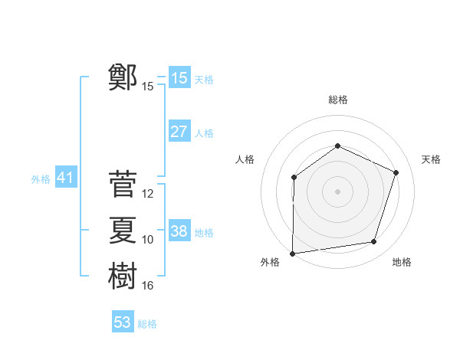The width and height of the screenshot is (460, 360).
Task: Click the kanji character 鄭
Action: point(123,77)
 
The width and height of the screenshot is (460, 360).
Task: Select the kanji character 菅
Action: point(123,185)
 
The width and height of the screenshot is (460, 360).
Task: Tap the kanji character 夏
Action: point(123,230)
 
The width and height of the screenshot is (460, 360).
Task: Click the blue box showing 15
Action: point(179,78)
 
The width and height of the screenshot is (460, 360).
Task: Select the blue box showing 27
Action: point(179,132)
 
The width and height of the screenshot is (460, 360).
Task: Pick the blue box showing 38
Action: point(179,231)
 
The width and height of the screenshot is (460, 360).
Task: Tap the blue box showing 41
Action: point(65,178)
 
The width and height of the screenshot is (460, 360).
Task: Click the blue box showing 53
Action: point(123,322)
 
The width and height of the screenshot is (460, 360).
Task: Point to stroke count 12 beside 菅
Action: point(149,194)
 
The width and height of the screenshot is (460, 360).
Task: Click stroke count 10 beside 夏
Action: point(149,240)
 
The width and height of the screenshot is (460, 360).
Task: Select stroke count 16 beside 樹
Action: point(149,286)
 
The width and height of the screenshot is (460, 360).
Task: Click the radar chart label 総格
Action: point(337,100)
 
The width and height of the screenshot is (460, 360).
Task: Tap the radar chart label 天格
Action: point(431,159)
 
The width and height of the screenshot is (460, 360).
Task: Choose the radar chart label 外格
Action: point(270,262)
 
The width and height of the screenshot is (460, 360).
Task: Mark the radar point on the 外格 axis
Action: point(292,253)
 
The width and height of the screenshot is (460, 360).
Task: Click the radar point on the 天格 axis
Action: point(396,172)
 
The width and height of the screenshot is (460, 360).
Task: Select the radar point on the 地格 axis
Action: point(374,242)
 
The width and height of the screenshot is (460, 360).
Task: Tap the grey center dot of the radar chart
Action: point(337,191)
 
